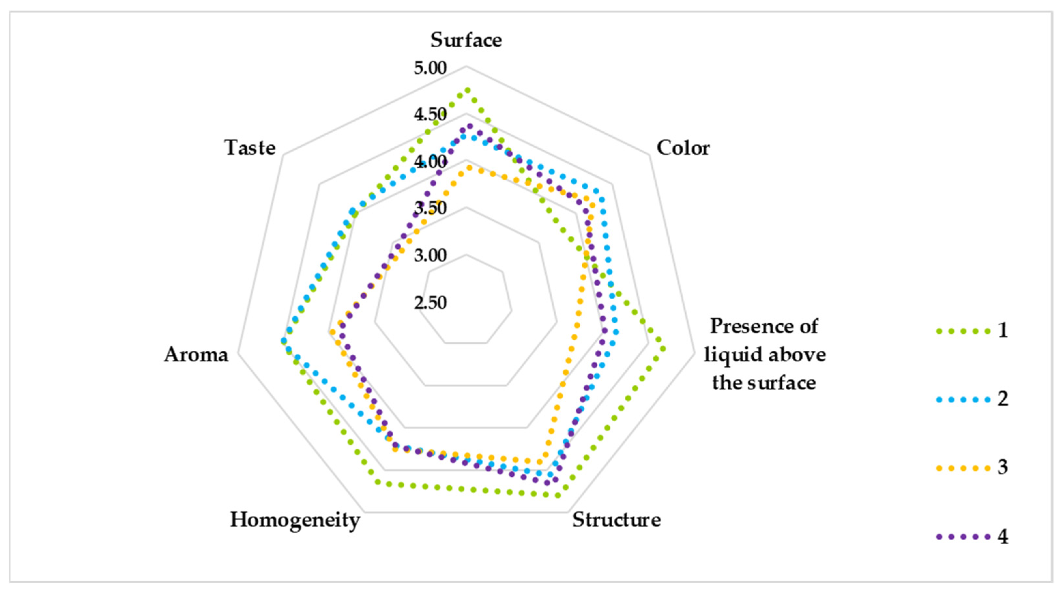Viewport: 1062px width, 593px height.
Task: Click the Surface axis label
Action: pos(466,40)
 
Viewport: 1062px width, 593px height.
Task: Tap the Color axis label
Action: pos(683,148)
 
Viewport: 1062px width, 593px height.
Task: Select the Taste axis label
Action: pos(250,148)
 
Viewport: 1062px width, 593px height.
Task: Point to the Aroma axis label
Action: pos(196,355)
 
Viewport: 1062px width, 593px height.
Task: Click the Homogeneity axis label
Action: pos(295,520)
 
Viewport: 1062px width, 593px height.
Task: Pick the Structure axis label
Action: pos(616,520)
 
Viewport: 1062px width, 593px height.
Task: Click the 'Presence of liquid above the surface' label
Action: pos(765,355)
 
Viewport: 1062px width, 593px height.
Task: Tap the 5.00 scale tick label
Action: pos(430,68)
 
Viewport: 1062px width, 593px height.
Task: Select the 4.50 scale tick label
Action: pos(430,115)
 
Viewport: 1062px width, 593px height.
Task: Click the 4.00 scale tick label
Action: pos(430,162)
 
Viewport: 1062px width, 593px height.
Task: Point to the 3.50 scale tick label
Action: pos(430,209)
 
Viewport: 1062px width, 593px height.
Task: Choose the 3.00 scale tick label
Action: pos(430,256)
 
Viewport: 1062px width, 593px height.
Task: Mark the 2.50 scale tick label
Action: pos(430,303)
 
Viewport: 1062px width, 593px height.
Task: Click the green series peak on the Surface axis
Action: pos(467,90)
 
